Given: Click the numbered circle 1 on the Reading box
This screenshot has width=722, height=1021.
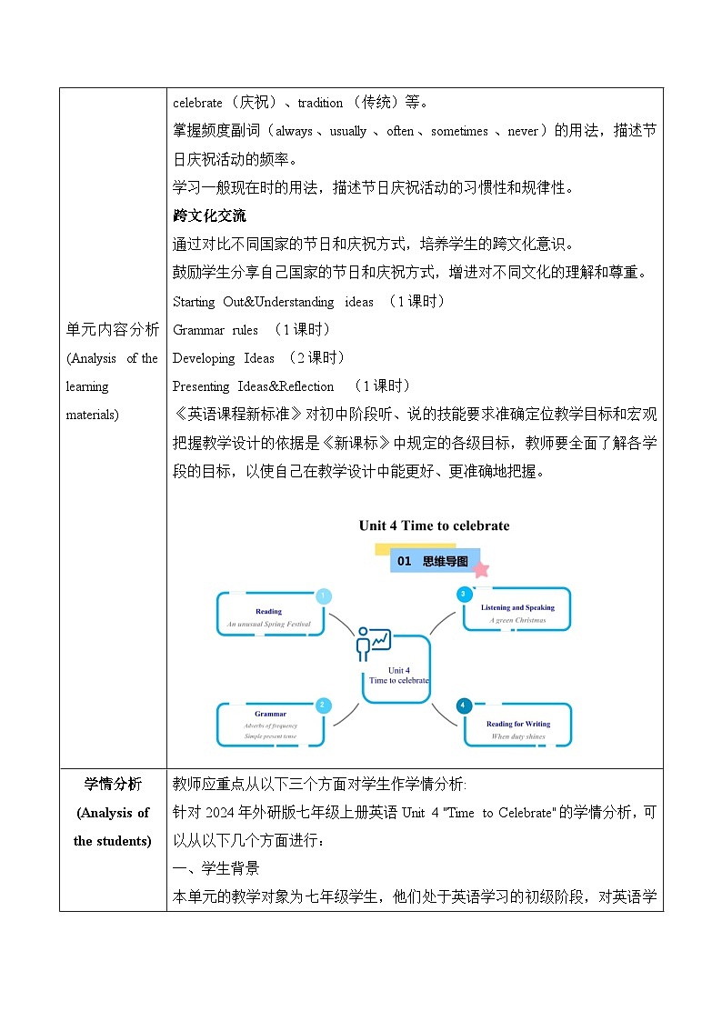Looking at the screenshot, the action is (x=323, y=596).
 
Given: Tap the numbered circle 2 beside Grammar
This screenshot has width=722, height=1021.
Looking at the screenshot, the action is (x=323, y=706).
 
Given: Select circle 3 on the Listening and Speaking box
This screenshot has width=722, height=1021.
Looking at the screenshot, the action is (x=463, y=595).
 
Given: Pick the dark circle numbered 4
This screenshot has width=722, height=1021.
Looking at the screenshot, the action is (x=464, y=706).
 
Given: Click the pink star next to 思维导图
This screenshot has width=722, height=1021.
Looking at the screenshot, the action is (x=481, y=569).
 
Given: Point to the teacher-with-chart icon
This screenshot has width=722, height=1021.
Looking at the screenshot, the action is (x=373, y=643).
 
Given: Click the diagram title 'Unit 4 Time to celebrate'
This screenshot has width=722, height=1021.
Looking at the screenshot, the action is (x=434, y=526).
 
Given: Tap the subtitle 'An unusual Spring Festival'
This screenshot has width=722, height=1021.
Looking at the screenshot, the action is (x=269, y=625).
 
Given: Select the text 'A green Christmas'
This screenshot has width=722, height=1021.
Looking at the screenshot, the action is (x=517, y=620).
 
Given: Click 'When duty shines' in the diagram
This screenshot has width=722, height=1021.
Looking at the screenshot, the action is (x=518, y=736).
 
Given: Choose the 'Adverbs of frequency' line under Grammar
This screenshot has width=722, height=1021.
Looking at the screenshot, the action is (x=270, y=726).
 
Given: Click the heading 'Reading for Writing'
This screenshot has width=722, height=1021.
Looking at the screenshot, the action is (x=518, y=724).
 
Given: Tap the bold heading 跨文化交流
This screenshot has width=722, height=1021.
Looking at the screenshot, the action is (x=209, y=216).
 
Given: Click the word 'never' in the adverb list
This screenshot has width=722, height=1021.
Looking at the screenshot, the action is (x=523, y=131).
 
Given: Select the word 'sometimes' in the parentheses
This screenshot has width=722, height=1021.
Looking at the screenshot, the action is (x=459, y=131).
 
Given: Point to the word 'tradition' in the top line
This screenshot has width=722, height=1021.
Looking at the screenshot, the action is (x=320, y=103).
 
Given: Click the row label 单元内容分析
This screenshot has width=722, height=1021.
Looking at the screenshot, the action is (x=112, y=329).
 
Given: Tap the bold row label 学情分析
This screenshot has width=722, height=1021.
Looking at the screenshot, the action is (x=112, y=785).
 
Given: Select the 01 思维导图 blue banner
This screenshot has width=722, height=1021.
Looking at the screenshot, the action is (x=434, y=561).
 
